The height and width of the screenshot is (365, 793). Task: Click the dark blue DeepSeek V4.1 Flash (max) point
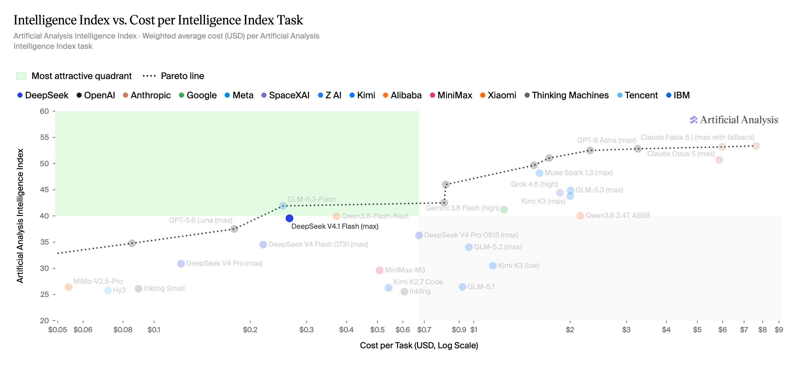(x=289, y=218)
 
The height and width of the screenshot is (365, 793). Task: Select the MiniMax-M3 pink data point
(x=379, y=270)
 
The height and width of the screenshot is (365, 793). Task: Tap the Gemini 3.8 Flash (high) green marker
(x=504, y=210)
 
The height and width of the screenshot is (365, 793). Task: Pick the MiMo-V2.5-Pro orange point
(x=69, y=287)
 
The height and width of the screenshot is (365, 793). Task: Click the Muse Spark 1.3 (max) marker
(x=539, y=173)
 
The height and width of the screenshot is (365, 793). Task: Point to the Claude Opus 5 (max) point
(x=719, y=160)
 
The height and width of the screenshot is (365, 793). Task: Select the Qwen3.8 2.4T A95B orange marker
(x=580, y=216)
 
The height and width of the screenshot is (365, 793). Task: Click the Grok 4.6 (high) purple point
(x=560, y=193)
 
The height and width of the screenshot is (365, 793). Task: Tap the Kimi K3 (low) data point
(x=493, y=266)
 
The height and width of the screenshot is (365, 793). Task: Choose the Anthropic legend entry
(x=147, y=95)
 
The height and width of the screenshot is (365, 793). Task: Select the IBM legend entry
(x=678, y=95)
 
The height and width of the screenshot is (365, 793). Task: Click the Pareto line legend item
(x=173, y=76)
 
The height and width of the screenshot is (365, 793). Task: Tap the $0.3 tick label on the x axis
(x=306, y=330)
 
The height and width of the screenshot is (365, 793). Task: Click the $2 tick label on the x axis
(x=570, y=330)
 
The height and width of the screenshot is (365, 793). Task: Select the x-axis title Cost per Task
(x=419, y=345)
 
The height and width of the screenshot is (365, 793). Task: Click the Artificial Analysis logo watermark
(x=734, y=120)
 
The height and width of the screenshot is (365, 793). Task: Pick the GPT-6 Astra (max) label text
(x=606, y=140)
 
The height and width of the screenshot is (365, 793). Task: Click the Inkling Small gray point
(x=138, y=289)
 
